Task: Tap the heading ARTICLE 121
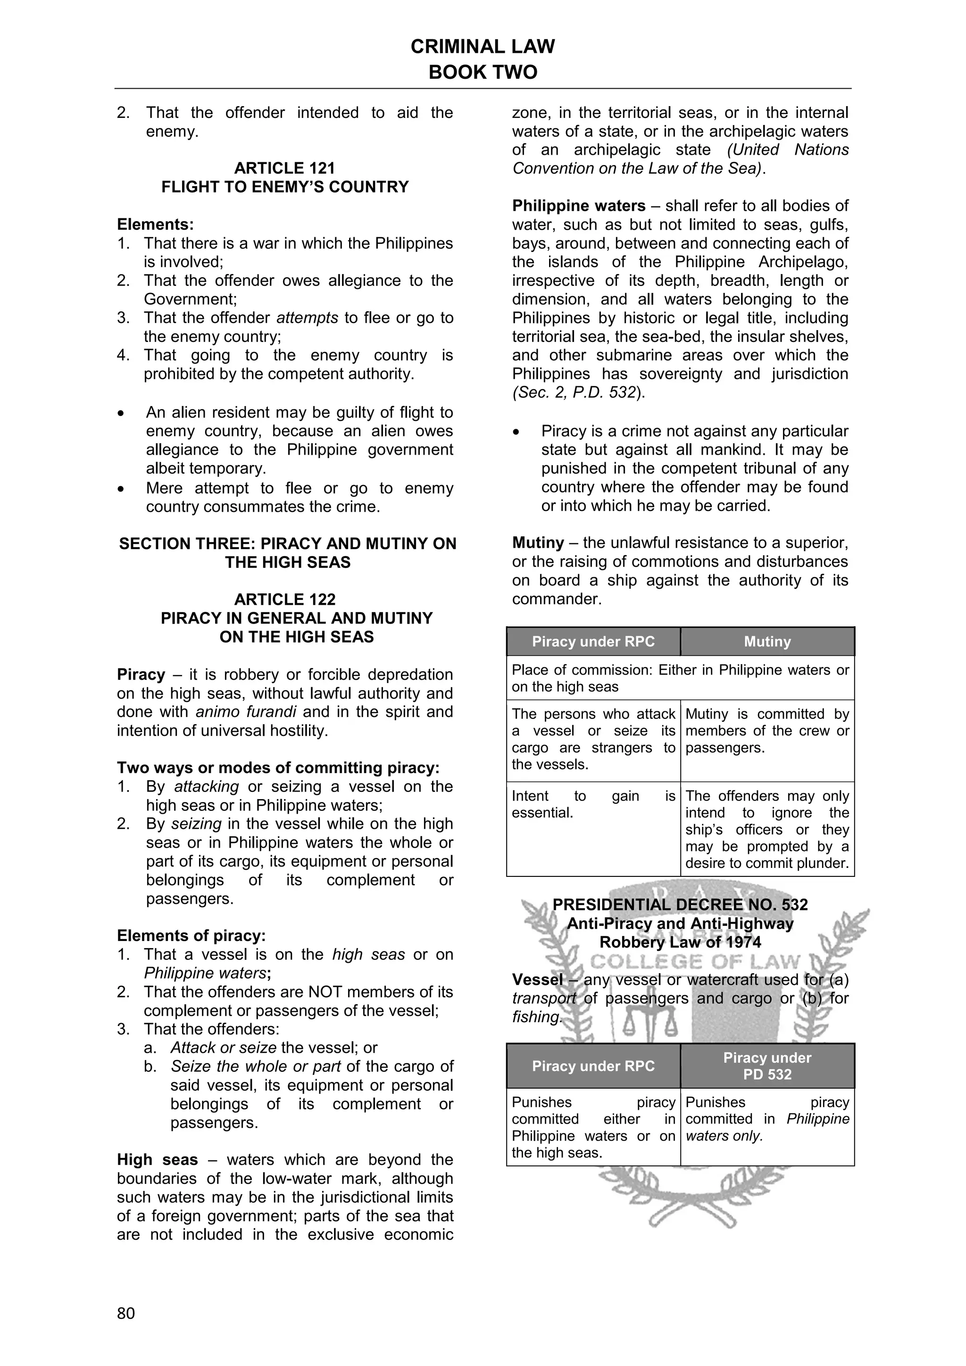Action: [x=284, y=168]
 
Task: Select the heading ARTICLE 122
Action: [x=284, y=599]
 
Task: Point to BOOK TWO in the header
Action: [x=483, y=72]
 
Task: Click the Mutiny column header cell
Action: [x=767, y=641]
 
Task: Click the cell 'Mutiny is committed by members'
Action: [x=767, y=731]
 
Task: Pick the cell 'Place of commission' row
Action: [x=680, y=678]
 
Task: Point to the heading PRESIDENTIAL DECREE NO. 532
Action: [x=680, y=905]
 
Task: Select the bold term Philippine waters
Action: [x=578, y=206]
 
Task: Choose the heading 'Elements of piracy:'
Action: [x=191, y=936]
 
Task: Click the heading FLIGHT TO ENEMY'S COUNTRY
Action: [x=284, y=187]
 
